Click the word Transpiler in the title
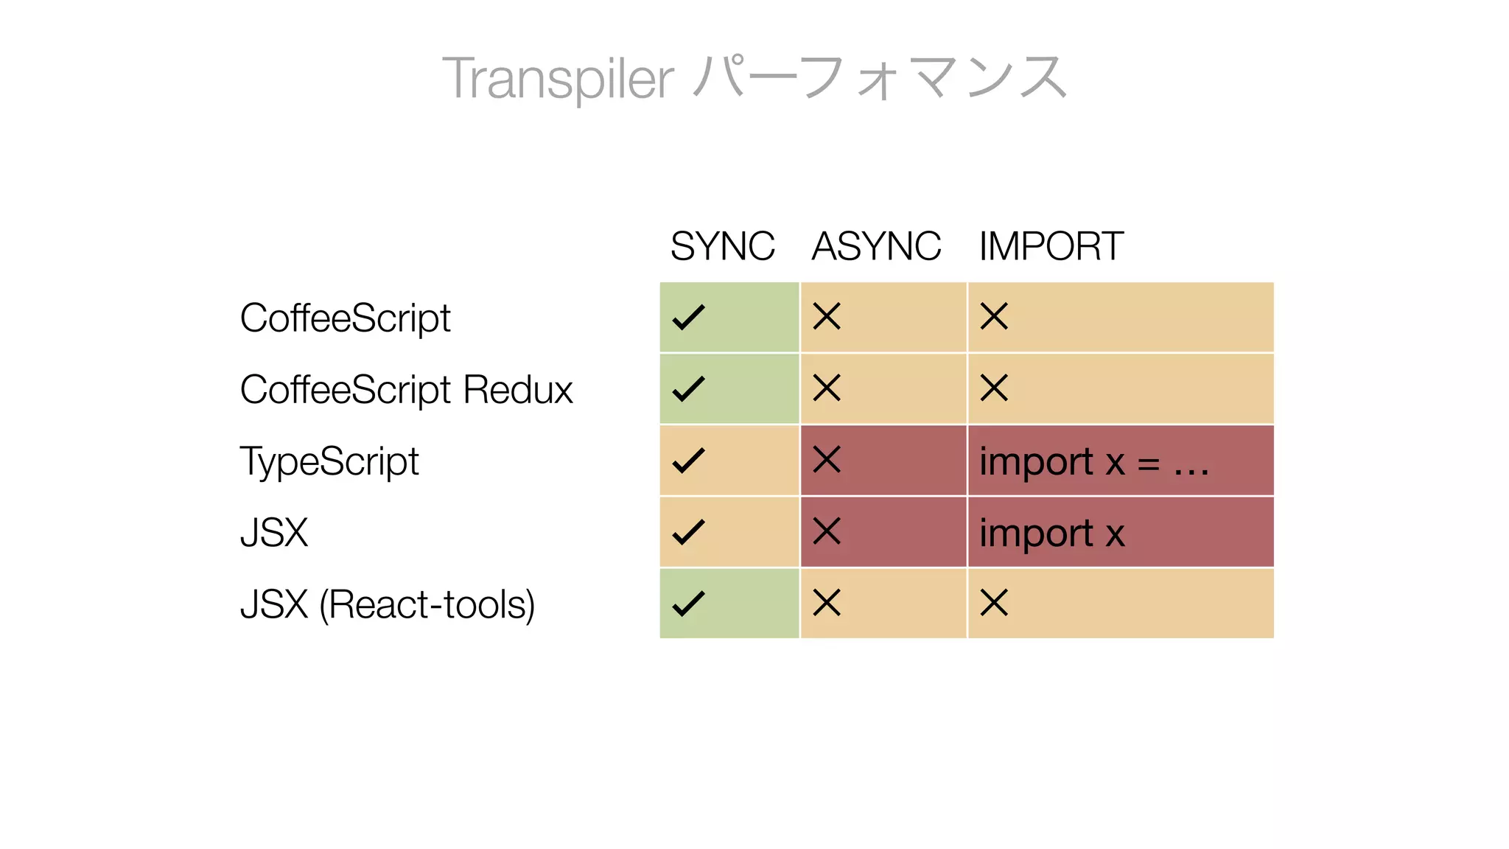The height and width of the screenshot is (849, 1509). click(558, 78)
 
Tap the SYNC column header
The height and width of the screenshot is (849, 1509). click(722, 246)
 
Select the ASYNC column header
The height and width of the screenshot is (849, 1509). click(876, 246)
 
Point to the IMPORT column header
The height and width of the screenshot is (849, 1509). click(1051, 246)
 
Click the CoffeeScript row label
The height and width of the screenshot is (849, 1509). click(345, 318)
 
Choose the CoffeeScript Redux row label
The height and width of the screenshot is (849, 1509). click(406, 390)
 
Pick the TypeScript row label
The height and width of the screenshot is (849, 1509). click(329, 461)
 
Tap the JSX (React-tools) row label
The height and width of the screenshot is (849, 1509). click(388, 604)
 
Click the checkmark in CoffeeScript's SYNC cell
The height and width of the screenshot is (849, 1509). click(689, 318)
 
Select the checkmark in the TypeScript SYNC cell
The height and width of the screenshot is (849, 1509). click(689, 461)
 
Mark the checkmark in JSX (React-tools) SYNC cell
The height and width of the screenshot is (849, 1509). click(689, 604)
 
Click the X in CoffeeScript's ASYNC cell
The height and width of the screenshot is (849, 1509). click(827, 317)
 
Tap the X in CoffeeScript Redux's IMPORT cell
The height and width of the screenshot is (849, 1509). click(994, 388)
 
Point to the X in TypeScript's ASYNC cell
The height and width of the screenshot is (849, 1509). click(827, 459)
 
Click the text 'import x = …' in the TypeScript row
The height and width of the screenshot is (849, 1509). click(1094, 462)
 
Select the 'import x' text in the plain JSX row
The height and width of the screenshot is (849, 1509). click(1051, 534)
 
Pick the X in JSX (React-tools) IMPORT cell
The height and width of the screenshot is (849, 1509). click(994, 603)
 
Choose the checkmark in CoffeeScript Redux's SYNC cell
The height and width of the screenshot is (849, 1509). click(689, 389)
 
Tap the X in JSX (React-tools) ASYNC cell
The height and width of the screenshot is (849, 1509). click(827, 603)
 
